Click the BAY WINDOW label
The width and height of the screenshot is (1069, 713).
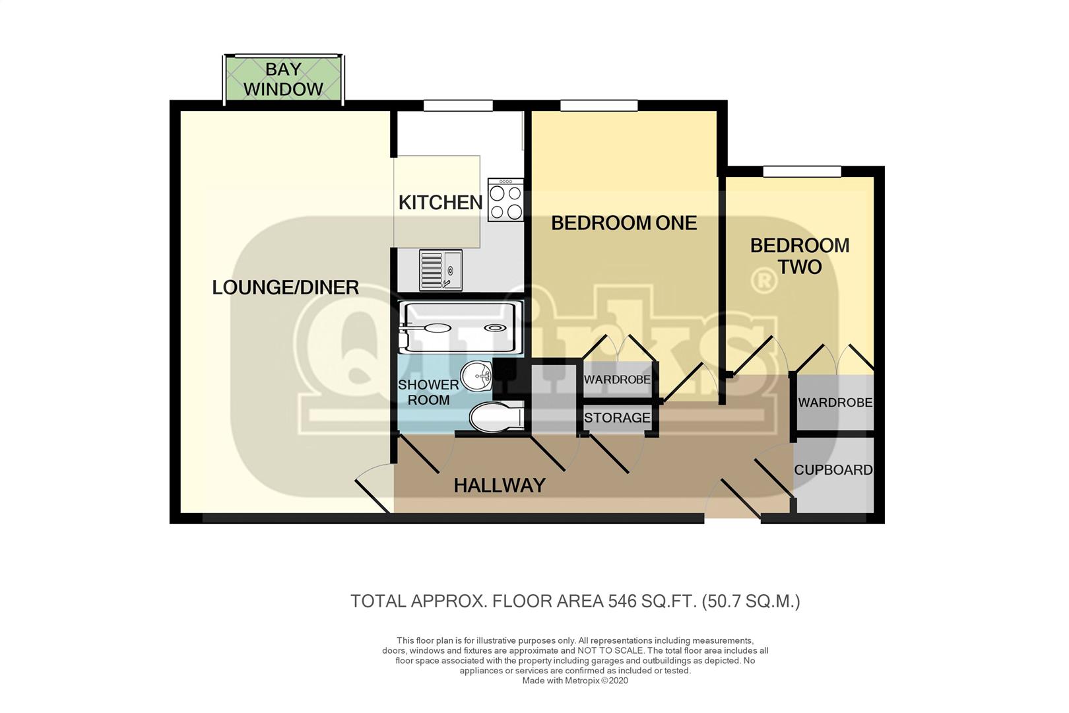point(283,79)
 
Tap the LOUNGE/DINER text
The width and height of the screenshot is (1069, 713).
point(285,287)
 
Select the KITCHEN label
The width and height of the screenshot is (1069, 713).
point(440,203)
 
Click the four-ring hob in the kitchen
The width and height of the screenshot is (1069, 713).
point(505,200)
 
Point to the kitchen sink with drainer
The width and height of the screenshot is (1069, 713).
point(441,270)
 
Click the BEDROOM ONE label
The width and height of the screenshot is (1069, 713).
point(624,223)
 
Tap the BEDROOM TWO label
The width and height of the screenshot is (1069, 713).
point(800,256)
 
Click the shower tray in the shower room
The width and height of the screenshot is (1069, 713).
point(461,327)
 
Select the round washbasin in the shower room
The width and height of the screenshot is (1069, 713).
point(476,376)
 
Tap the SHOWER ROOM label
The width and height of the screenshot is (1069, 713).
point(428,392)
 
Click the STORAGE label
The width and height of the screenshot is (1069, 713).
point(617,418)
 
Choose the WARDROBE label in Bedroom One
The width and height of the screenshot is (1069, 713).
point(617,380)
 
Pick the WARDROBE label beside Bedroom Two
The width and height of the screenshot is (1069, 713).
point(835,403)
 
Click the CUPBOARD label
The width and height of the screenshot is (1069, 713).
point(833,470)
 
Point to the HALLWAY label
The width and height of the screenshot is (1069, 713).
point(499,486)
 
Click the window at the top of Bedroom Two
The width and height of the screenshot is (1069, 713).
point(802,171)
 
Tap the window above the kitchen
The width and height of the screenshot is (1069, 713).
point(458,105)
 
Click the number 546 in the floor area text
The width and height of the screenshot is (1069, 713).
point(622,601)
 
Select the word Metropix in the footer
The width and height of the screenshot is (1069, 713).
point(582,681)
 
